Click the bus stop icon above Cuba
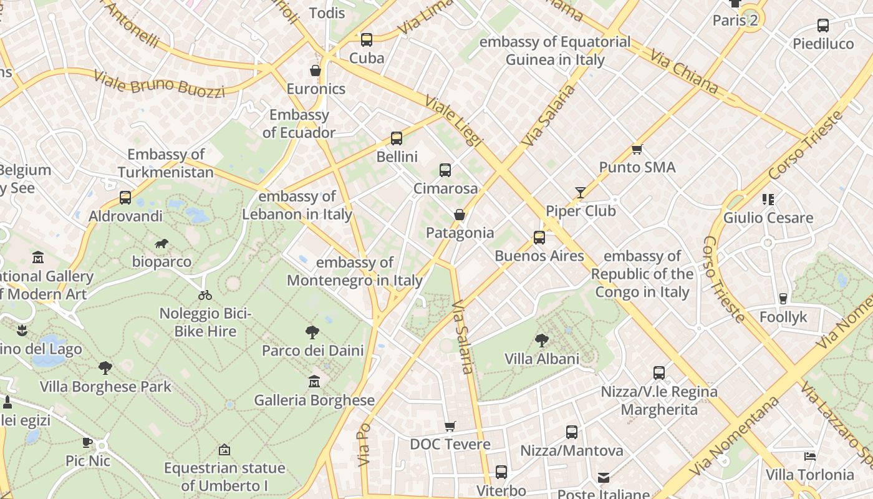point(367,40)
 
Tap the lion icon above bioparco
point(162,243)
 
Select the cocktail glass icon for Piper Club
point(581,193)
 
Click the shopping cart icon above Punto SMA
point(637,149)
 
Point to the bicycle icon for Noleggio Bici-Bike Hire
point(205,295)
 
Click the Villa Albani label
point(541,359)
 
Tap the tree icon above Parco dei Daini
point(312,332)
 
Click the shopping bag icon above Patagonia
point(460,215)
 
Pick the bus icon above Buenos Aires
point(539,238)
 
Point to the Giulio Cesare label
point(768,218)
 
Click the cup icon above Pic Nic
point(87,443)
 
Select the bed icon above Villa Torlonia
point(809,457)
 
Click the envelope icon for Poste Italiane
point(604,478)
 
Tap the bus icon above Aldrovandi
point(125,198)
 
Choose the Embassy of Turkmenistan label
point(166,163)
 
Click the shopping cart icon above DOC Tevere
point(450,427)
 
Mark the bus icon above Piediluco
point(823,26)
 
